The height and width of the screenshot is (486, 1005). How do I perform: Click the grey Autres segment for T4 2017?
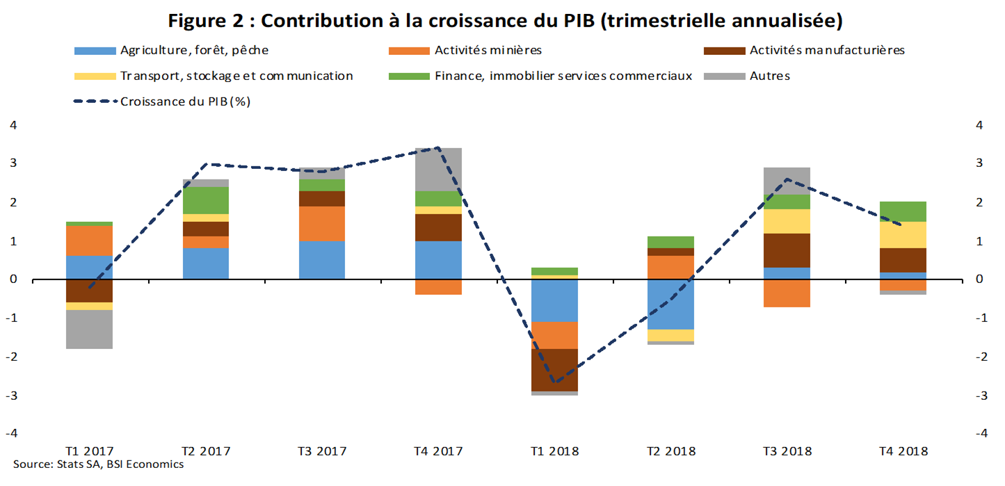pos(438,169)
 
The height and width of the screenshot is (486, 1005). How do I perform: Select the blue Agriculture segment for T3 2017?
pos(322,260)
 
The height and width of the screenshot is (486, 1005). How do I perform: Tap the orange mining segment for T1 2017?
pos(90,241)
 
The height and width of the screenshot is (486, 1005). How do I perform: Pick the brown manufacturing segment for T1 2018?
pos(554,369)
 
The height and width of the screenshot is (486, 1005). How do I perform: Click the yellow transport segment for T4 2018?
pos(903,235)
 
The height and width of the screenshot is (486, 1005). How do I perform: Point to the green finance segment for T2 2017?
pos(206,200)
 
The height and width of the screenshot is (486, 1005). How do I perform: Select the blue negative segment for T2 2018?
pos(671,304)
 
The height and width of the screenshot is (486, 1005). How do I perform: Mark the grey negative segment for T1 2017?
pos(90,329)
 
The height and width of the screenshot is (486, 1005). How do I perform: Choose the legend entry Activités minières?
pos(488,50)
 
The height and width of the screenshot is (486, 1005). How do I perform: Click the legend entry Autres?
pos(769,76)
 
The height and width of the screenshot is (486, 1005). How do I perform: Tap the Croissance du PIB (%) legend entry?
pos(185,102)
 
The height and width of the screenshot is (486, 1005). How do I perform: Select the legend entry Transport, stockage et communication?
pos(236,76)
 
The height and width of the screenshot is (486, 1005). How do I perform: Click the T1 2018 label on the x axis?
pos(554,451)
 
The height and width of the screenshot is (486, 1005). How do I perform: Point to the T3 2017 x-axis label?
pos(322,451)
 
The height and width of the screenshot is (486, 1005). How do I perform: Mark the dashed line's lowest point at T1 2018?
pos(554,382)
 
